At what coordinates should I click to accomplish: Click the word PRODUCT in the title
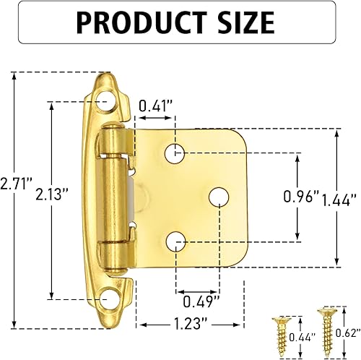tap(145, 23)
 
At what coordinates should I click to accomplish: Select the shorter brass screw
tap(280, 330)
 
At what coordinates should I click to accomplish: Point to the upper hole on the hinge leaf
tap(177, 153)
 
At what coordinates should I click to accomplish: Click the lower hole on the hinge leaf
tap(177, 241)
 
